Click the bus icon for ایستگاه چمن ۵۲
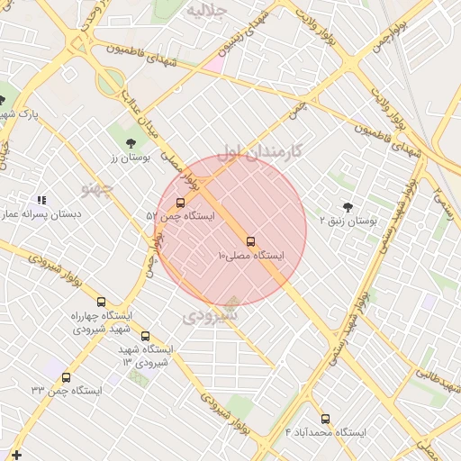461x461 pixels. [181, 203]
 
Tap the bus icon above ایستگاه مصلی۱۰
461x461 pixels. [250, 241]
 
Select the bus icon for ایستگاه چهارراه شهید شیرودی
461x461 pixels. [101, 303]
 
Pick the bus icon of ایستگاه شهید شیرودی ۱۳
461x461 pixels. [145, 337]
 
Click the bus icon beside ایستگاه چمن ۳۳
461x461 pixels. [66, 377]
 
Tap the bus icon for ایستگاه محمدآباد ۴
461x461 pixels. [326, 419]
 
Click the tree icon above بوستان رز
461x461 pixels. [131, 142]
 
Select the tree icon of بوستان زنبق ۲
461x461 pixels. [348, 206]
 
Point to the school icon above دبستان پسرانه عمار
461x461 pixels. [41, 200]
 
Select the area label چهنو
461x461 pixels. [97, 188]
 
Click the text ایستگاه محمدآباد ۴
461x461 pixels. [326, 433]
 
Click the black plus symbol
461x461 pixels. [16, 455]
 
